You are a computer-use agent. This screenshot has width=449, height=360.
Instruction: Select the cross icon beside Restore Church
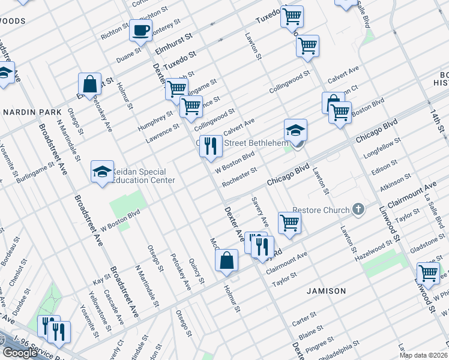(358, 210)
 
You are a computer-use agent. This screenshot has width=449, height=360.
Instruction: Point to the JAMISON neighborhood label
(326, 291)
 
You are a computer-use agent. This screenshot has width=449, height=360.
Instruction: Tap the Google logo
(20, 353)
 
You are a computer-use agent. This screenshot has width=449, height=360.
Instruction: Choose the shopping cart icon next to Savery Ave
(289, 222)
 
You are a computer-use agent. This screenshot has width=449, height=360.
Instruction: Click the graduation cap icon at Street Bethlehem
(295, 130)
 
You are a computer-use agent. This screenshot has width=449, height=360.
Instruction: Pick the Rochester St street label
(240, 177)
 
